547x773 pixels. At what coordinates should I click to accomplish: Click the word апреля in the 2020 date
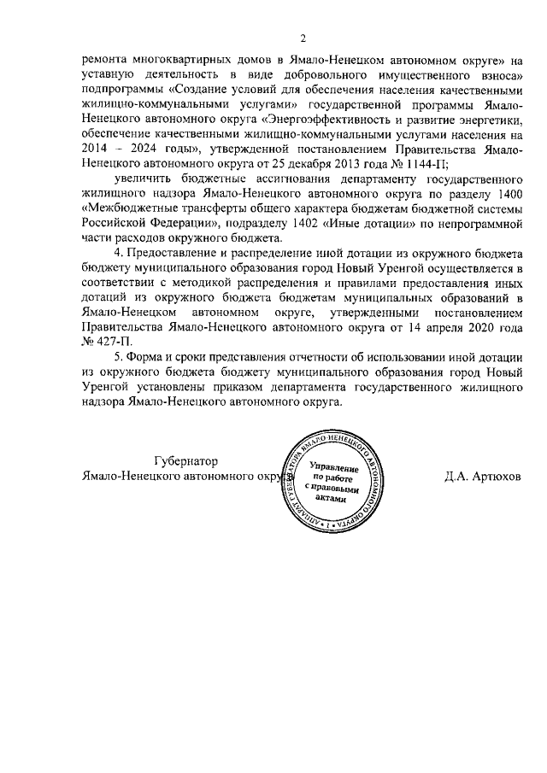tap(445, 326)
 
